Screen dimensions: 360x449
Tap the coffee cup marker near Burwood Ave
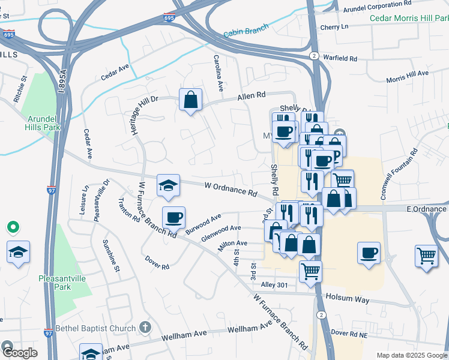(173, 217)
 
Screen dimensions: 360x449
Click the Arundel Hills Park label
(43, 123)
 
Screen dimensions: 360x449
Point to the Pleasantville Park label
(64, 283)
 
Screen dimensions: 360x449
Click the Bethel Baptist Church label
(96, 328)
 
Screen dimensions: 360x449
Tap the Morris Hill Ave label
(408, 76)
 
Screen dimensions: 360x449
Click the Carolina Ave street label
(218, 73)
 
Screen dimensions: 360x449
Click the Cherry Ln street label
(334, 28)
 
